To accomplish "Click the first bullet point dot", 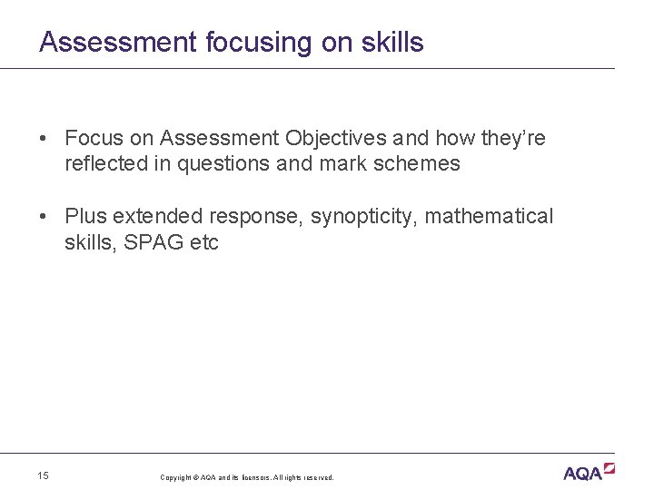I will click(x=44, y=139).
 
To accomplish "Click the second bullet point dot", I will click(x=44, y=217).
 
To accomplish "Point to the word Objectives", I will click(x=332, y=138).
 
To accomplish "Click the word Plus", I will click(x=85, y=217).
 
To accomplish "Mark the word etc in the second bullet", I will click(x=204, y=243).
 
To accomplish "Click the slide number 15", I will click(x=44, y=475).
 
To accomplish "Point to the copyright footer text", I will click(x=247, y=477).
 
